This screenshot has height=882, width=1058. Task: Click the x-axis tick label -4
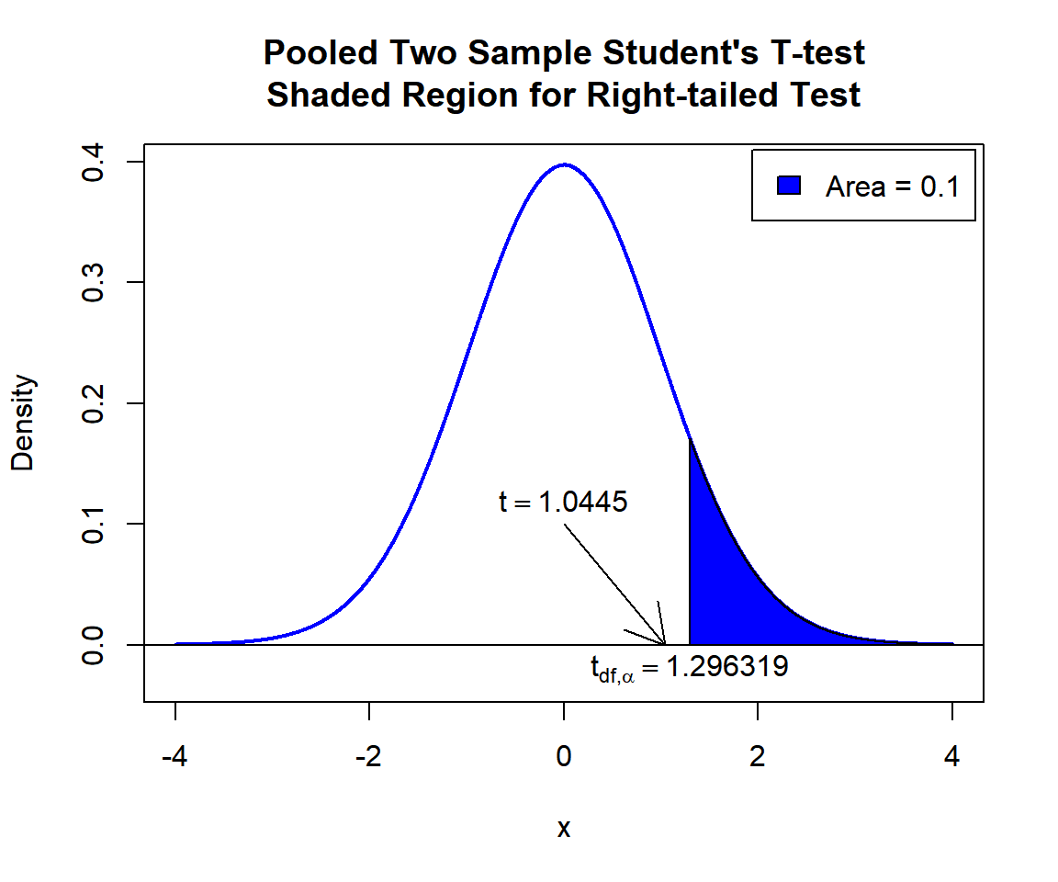pos(175,758)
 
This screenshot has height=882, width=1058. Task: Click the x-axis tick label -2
pos(369,758)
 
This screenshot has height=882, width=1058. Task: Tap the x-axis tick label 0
pos(564,758)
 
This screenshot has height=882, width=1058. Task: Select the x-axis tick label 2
pos(758,758)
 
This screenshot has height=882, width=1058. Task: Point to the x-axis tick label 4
pos(952,758)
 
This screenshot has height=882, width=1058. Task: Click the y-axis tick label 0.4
pos(93,162)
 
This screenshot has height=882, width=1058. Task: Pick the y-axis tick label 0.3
pos(93,282)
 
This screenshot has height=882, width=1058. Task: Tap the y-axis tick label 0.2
pos(93,403)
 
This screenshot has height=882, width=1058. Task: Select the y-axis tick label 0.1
pos(93,524)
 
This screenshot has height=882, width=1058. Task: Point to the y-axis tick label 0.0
pos(93,645)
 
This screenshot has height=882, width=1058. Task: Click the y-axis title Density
pos(23,423)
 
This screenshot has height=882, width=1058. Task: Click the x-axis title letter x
pos(564,829)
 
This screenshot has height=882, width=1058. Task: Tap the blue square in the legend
pos(790,186)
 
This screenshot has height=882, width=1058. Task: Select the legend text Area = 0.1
pos(892,187)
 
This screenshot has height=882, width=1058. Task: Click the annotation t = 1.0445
pos(563,503)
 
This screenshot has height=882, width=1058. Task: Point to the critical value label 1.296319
pos(726,667)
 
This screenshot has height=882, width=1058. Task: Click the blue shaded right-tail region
pos(726,597)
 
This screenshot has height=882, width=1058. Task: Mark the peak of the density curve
pos(564,165)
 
